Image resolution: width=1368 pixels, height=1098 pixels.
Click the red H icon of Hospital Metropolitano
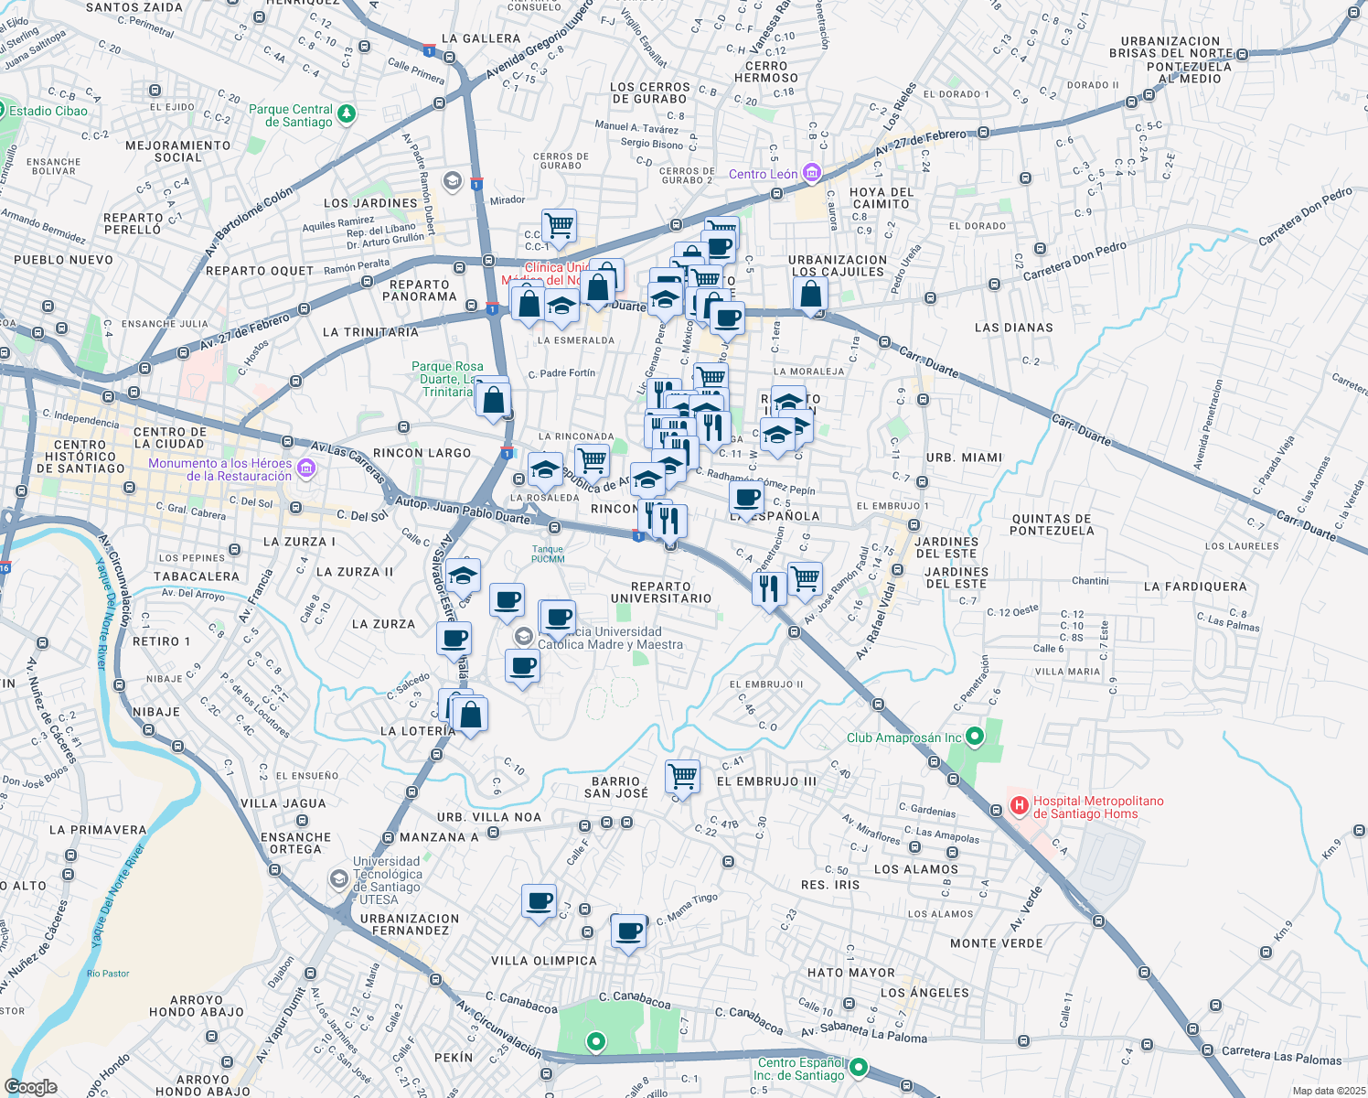1019,806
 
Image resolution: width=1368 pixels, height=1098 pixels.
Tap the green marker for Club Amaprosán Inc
975,737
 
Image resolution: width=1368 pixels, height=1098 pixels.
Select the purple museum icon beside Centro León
811,173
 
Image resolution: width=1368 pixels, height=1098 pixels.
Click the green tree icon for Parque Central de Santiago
347,114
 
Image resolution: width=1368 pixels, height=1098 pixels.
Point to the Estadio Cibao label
48,111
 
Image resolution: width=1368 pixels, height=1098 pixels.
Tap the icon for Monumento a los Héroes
306,469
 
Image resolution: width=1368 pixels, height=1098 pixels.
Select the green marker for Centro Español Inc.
859,1068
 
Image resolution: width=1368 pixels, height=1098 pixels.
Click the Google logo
30,1086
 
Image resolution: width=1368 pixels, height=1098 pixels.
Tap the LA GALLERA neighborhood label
480,38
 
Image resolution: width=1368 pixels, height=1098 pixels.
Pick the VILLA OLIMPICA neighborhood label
543,961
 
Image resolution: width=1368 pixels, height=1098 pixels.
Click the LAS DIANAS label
1013,328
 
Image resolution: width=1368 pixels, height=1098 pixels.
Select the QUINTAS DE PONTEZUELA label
1052,524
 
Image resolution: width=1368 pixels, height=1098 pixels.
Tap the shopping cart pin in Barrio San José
683,776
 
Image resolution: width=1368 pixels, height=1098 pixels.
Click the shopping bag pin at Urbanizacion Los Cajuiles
811,294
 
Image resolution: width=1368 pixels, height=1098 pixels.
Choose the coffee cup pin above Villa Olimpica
629,931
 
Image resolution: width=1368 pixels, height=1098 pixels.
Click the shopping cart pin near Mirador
559,224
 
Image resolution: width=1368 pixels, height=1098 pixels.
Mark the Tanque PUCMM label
548,554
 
